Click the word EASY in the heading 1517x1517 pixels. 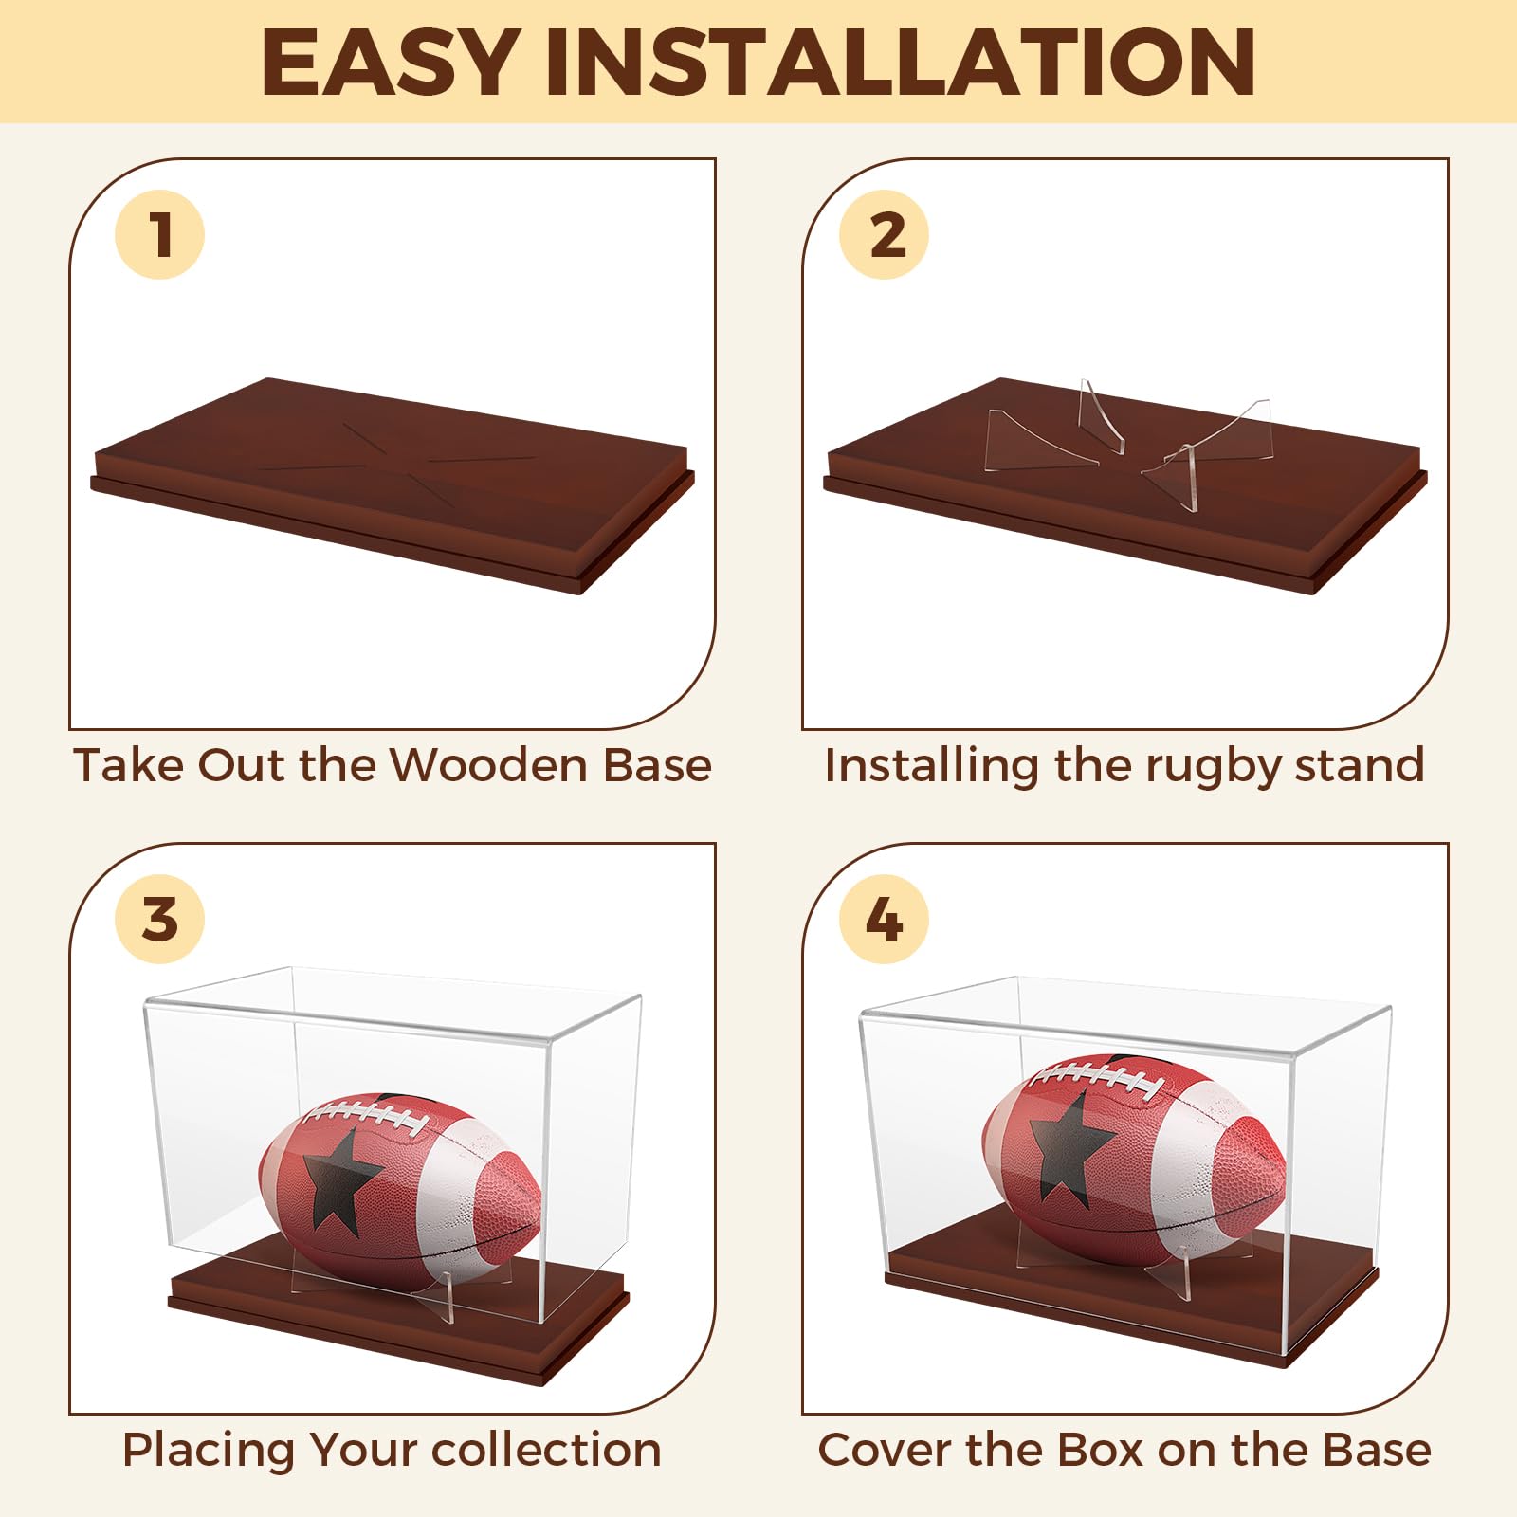(x=390, y=63)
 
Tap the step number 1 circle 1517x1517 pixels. (x=159, y=234)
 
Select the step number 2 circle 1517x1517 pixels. (x=884, y=234)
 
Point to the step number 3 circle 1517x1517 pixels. (x=159, y=919)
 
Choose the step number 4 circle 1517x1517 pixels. (x=884, y=919)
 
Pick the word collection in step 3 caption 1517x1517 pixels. (x=546, y=1450)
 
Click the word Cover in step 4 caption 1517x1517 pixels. (x=882, y=1450)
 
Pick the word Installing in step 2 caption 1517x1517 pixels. (x=931, y=766)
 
